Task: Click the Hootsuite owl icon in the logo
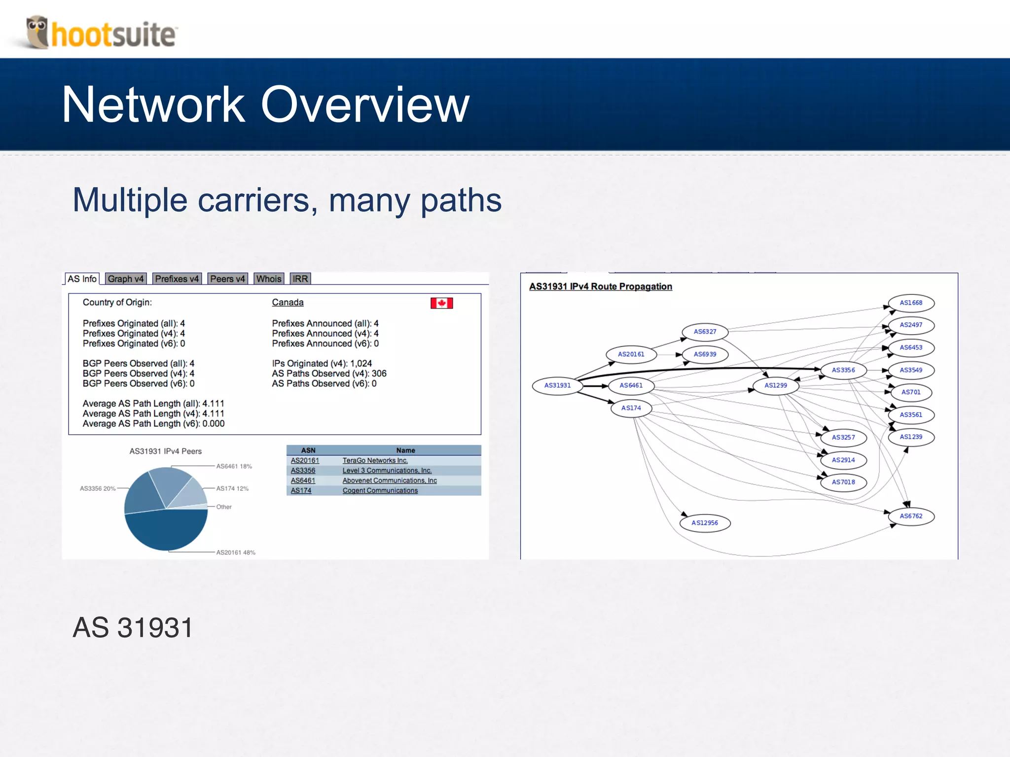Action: pyautogui.click(x=37, y=32)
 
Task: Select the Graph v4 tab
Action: pyautogui.click(x=125, y=279)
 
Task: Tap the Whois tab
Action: pyautogui.click(x=269, y=279)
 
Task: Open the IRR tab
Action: pyautogui.click(x=300, y=279)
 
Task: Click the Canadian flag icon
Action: pyautogui.click(x=441, y=303)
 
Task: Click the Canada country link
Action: pyautogui.click(x=288, y=303)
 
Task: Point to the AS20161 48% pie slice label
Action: pyautogui.click(x=236, y=552)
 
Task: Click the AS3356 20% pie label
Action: pyautogui.click(x=98, y=488)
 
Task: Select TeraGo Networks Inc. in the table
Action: pyautogui.click(x=375, y=460)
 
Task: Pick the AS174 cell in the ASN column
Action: pyautogui.click(x=301, y=490)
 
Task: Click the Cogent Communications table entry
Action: pyautogui.click(x=380, y=490)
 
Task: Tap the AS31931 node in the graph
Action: pyautogui.click(x=557, y=385)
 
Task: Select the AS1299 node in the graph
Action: pyautogui.click(x=776, y=385)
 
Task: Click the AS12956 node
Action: pyautogui.click(x=705, y=523)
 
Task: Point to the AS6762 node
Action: pyautogui.click(x=911, y=516)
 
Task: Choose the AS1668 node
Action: pyautogui.click(x=911, y=303)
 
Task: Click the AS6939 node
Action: pyautogui.click(x=705, y=354)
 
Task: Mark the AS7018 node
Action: pyautogui.click(x=843, y=482)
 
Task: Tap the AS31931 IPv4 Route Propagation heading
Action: pyautogui.click(x=600, y=286)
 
